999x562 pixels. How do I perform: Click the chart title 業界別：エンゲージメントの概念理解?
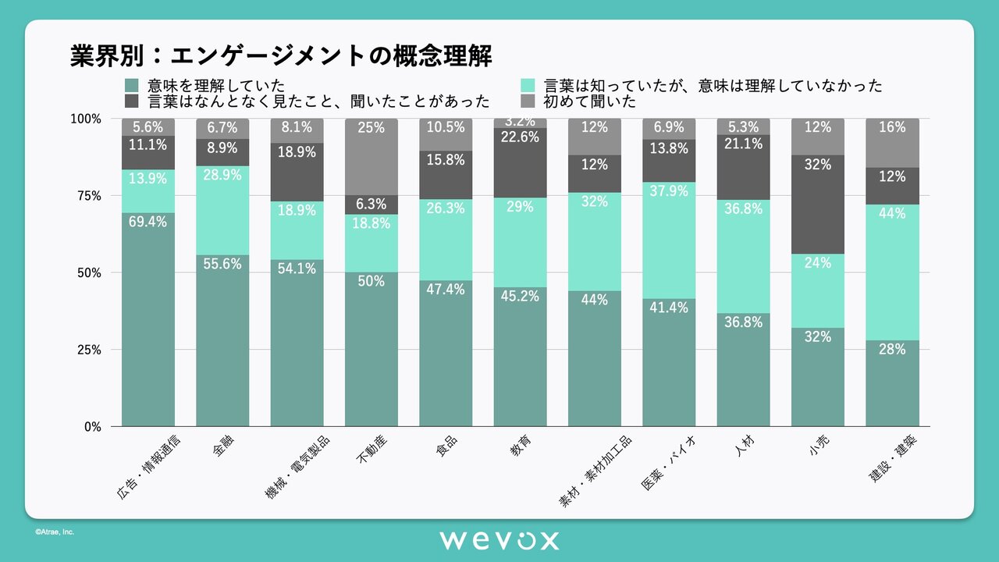pos(280,56)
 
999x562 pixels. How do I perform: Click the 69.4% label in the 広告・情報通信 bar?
pos(148,222)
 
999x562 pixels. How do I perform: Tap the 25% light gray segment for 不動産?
pos(372,156)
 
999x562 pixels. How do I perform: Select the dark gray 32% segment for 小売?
pos(818,205)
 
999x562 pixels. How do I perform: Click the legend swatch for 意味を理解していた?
pos(131,85)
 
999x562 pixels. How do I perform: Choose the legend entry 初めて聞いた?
pos(589,101)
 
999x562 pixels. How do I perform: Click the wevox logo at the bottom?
pos(499,540)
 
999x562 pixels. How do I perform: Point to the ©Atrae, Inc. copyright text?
pos(54,532)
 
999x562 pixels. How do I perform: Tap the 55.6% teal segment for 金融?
pos(222,340)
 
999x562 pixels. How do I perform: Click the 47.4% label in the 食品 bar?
pos(446,290)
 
